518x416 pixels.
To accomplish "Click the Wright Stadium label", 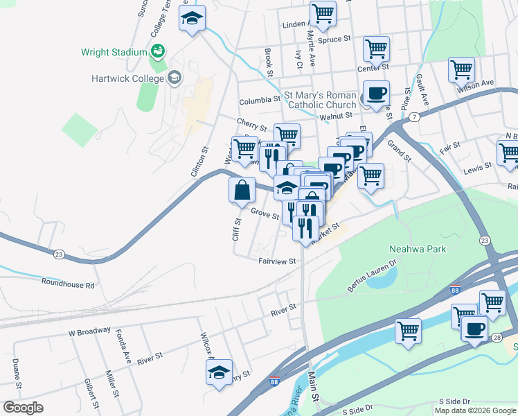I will pyautogui.click(x=114, y=52).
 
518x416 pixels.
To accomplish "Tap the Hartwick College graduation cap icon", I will pyautogui.click(x=174, y=78).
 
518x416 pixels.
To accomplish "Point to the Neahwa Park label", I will pyautogui.click(x=416, y=249).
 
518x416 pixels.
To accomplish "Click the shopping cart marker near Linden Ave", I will pyautogui.click(x=323, y=12).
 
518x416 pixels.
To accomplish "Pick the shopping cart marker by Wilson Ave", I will pyautogui.click(x=461, y=69).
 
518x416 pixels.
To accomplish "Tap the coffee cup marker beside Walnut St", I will pyautogui.click(x=376, y=94).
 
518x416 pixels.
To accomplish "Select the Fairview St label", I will pyautogui.click(x=277, y=261).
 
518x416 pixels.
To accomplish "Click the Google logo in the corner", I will pyautogui.click(x=24, y=408).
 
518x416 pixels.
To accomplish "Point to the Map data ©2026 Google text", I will pyautogui.click(x=476, y=410).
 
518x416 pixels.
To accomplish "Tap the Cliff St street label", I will pyautogui.click(x=236, y=229).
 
